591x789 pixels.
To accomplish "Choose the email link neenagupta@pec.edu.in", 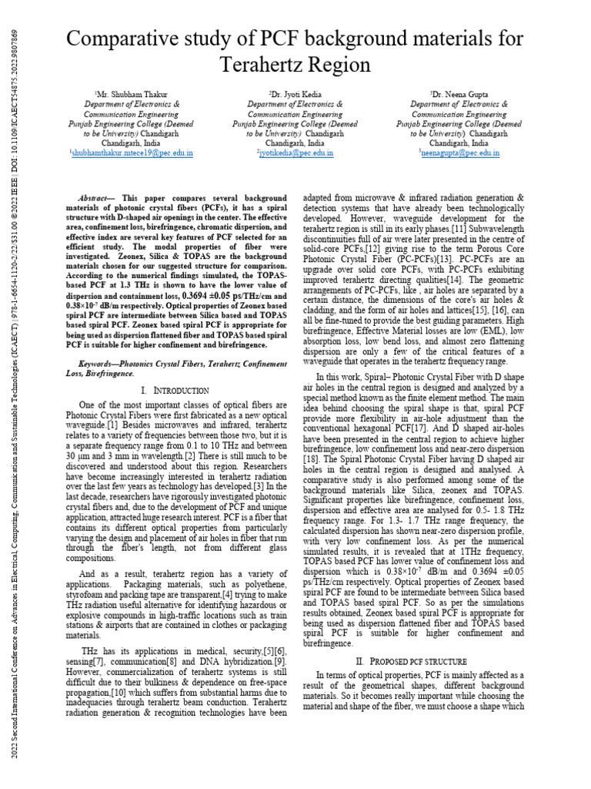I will [x=460, y=153].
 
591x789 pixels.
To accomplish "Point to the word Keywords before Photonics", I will [x=101, y=362].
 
